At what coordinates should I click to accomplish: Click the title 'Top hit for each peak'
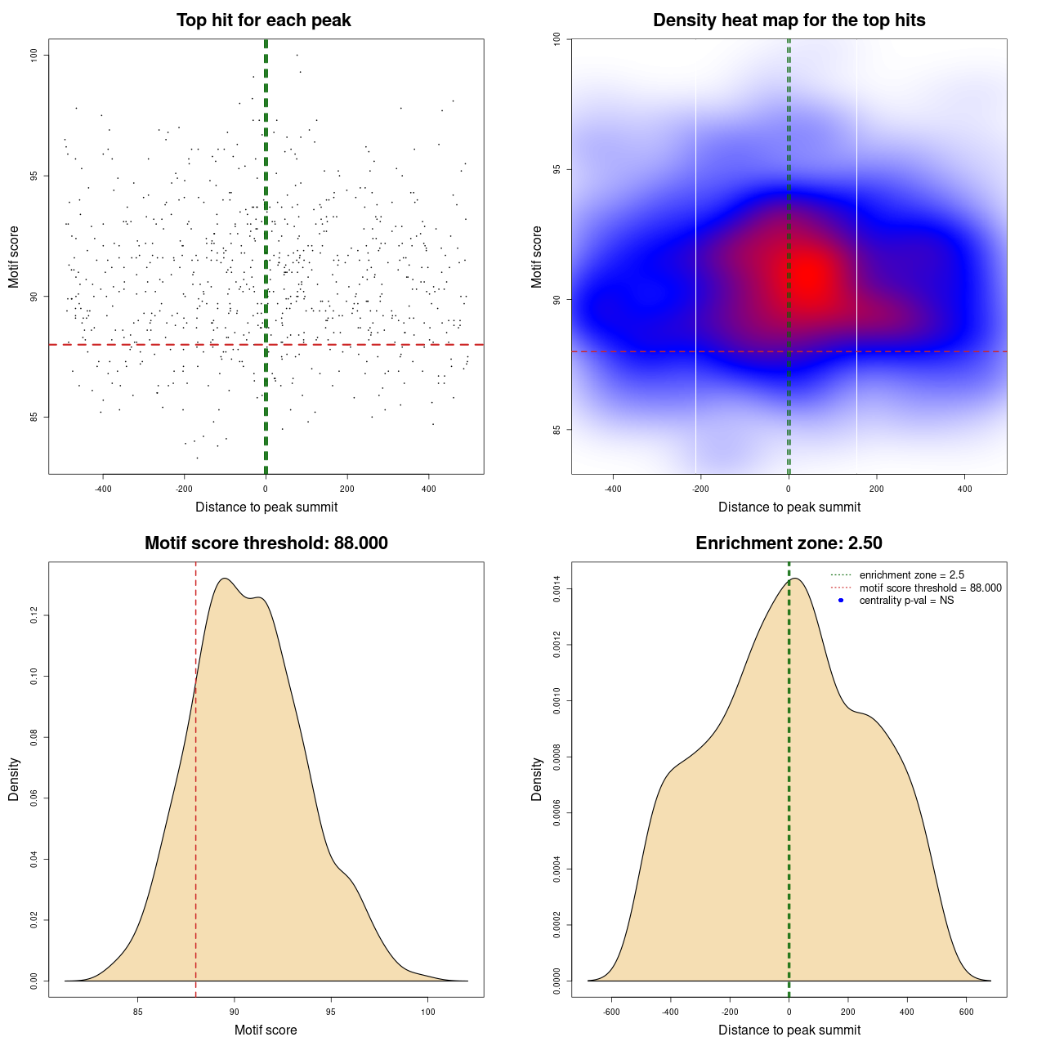click(x=264, y=20)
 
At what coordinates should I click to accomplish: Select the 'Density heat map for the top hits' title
click(x=789, y=20)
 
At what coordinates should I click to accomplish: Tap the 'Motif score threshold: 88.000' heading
click(x=266, y=543)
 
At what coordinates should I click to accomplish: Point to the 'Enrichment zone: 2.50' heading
click(x=789, y=543)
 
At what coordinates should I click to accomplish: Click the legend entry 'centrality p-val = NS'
click(x=906, y=601)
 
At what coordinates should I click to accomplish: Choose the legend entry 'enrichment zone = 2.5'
click(x=911, y=575)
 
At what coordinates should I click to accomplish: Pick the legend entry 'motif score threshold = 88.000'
click(x=930, y=588)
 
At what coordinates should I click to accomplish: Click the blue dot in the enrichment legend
click(x=841, y=601)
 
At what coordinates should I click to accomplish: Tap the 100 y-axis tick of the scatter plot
click(x=35, y=55)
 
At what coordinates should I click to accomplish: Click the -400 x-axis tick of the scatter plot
click(x=103, y=489)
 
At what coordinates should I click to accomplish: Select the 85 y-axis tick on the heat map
click(x=557, y=430)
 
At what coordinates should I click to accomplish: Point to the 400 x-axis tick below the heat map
click(x=965, y=489)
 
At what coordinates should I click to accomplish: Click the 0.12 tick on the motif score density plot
click(x=35, y=615)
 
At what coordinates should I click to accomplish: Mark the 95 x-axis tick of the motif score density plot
click(x=331, y=1012)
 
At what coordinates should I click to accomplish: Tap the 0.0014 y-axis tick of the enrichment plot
click(x=557, y=589)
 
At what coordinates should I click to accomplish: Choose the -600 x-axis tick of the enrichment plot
click(x=611, y=1012)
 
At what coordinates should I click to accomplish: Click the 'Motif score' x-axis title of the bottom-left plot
click(x=266, y=1030)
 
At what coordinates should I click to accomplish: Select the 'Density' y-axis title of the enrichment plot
click(x=537, y=779)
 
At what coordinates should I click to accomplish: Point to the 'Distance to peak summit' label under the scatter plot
click(x=266, y=507)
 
